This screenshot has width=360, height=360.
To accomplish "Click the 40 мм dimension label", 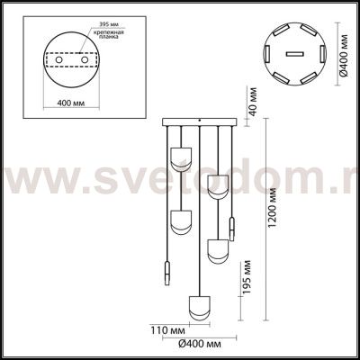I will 254,101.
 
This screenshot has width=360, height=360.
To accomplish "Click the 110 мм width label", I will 163,328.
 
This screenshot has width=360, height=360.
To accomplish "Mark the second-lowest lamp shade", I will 216,250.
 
